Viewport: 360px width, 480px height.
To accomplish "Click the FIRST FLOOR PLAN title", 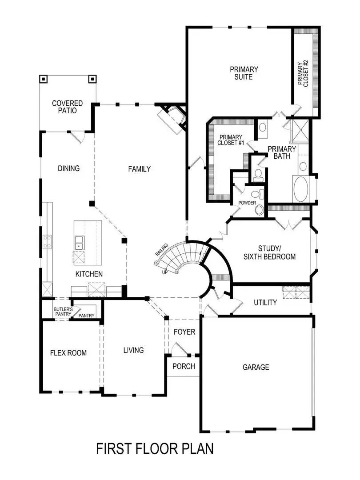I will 155,448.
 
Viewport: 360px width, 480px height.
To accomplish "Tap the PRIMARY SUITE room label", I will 244,73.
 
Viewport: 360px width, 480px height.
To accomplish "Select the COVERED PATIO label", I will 67,107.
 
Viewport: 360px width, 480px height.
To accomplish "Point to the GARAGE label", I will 256,367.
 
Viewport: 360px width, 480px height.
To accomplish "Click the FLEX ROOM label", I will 68,353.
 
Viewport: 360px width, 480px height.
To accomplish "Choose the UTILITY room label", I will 265,303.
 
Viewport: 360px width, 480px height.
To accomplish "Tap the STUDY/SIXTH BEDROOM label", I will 271,252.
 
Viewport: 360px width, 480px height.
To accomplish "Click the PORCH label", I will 184,366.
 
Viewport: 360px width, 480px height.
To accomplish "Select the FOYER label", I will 184,332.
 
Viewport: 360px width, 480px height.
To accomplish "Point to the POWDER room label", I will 247,203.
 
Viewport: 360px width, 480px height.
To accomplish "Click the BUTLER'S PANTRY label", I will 63,311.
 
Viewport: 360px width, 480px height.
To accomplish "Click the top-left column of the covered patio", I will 44,80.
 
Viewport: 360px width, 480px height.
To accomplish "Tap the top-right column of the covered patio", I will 92,80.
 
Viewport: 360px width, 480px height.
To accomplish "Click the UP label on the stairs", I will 165,271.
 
